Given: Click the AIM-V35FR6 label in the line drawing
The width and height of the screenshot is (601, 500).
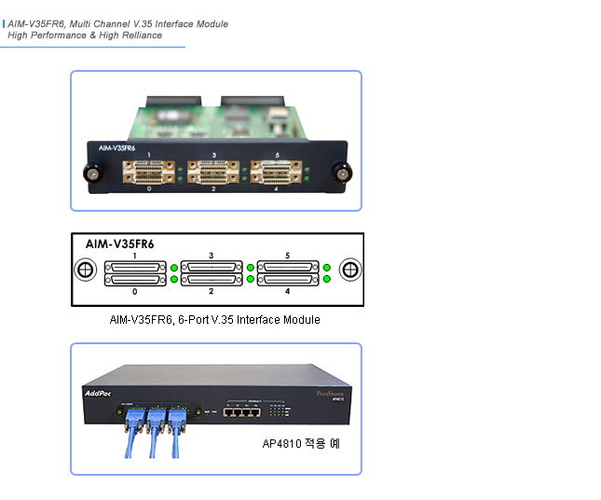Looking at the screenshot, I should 119,243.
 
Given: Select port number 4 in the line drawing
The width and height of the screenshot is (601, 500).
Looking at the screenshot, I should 287,292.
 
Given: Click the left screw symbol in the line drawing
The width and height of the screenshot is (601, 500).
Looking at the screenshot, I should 84,271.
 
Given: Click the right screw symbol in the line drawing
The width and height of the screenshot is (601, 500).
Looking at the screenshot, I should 350,271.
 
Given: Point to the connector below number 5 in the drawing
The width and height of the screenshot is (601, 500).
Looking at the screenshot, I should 287,267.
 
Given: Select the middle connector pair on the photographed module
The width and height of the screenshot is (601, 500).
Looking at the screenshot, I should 213,172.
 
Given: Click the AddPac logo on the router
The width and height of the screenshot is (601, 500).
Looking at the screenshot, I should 102,393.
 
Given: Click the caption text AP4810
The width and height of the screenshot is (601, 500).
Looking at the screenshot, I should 280,444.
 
